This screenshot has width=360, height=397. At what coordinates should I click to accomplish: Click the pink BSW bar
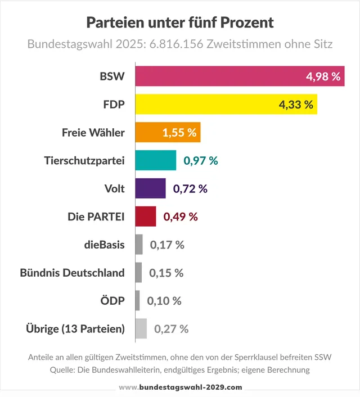coord(240,76)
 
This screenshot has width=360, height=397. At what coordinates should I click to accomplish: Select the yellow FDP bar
coord(226,104)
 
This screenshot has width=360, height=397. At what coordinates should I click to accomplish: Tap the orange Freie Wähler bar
coord(168,132)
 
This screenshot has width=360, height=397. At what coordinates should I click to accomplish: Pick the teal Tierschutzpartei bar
coord(156,160)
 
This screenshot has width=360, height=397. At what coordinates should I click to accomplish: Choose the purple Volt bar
coord(151,188)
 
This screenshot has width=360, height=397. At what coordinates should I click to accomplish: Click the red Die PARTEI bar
coord(146,216)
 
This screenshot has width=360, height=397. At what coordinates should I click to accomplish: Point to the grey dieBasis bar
coord(139,245)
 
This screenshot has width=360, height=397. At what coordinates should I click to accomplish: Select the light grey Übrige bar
coord(141,328)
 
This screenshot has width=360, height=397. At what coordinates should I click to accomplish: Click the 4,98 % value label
coord(323,76)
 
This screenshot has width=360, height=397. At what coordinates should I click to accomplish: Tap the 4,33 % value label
coord(296,105)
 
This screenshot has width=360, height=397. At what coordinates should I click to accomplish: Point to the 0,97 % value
coord(201,161)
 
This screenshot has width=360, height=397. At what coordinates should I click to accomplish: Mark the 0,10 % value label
coord(164,301)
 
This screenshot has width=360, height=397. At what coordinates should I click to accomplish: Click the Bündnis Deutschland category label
coord(72,273)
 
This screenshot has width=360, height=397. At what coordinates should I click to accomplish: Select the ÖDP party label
coord(112,300)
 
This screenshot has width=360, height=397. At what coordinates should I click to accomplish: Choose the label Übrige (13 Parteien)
coord(75,329)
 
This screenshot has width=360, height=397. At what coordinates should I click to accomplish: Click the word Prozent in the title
coord(247,22)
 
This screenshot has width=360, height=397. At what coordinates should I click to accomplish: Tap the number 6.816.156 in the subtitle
coord(176,44)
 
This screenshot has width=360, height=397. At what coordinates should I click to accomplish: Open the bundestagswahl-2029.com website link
coord(181,387)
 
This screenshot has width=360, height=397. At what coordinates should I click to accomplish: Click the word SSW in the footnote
coord(323,357)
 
